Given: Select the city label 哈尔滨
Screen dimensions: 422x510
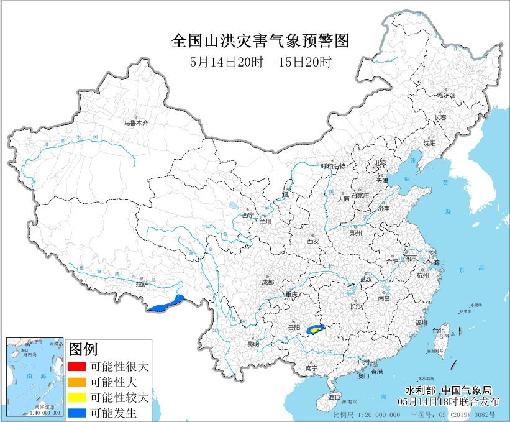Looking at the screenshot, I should coord(445,95).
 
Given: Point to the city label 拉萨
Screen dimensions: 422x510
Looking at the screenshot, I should coord(142,284).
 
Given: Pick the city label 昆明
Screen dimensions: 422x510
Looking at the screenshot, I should coord(252,344).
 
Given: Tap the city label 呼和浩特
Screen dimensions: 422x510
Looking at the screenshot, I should coord(332,166).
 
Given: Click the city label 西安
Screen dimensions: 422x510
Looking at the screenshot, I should coord(312,241).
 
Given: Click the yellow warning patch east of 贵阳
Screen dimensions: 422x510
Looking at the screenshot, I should coord(316,328).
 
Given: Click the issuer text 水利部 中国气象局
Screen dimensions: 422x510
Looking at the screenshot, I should coord(447,390).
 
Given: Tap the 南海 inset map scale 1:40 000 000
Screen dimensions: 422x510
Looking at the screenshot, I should coord(43,413).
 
